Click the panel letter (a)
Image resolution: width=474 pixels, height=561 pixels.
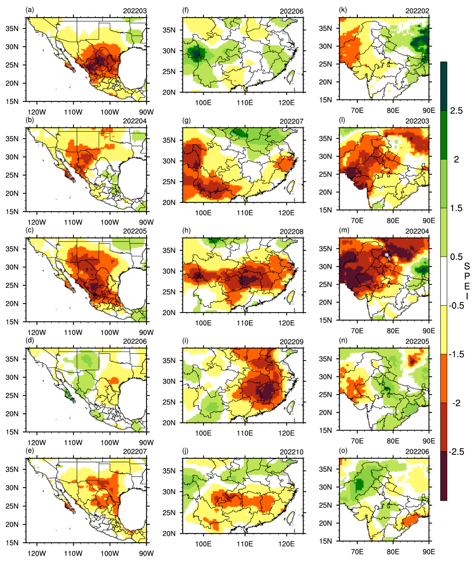30,10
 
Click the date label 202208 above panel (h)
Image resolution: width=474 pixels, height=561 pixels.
292,231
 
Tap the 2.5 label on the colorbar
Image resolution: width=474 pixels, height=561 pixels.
456,111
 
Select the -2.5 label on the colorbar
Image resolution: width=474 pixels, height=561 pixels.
456,452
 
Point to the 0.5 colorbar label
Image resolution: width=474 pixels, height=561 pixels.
456,257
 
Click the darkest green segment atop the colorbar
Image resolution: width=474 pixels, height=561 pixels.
444,86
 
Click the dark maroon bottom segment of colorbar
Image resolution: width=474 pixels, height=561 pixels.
444,476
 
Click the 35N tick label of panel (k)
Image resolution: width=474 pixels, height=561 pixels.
325,28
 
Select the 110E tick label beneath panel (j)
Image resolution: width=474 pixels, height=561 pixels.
245,544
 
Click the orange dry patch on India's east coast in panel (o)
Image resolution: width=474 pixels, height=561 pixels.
410,521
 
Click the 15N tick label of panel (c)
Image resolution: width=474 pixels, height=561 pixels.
12,322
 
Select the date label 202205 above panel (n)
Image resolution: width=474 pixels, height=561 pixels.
417,342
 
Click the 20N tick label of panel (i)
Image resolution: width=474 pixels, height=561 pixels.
169,423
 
